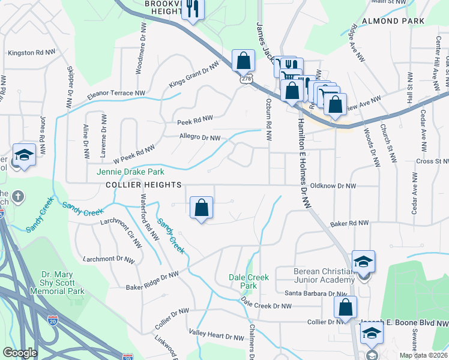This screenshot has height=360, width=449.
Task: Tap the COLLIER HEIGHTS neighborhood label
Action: tap(143, 185)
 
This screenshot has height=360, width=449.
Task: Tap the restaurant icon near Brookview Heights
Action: tap(193, 8)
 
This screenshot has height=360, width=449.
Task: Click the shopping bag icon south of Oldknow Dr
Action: tap(202, 208)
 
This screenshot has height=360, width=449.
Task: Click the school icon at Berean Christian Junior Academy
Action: tap(363, 262)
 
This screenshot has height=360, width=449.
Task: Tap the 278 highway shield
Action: tap(247, 79)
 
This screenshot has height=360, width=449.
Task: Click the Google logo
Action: tap(20, 353)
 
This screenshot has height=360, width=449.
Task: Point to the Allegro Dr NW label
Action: tap(200, 137)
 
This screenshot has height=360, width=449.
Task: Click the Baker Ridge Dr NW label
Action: tap(152, 281)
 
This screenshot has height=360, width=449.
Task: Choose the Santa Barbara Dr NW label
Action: tap(316, 293)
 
